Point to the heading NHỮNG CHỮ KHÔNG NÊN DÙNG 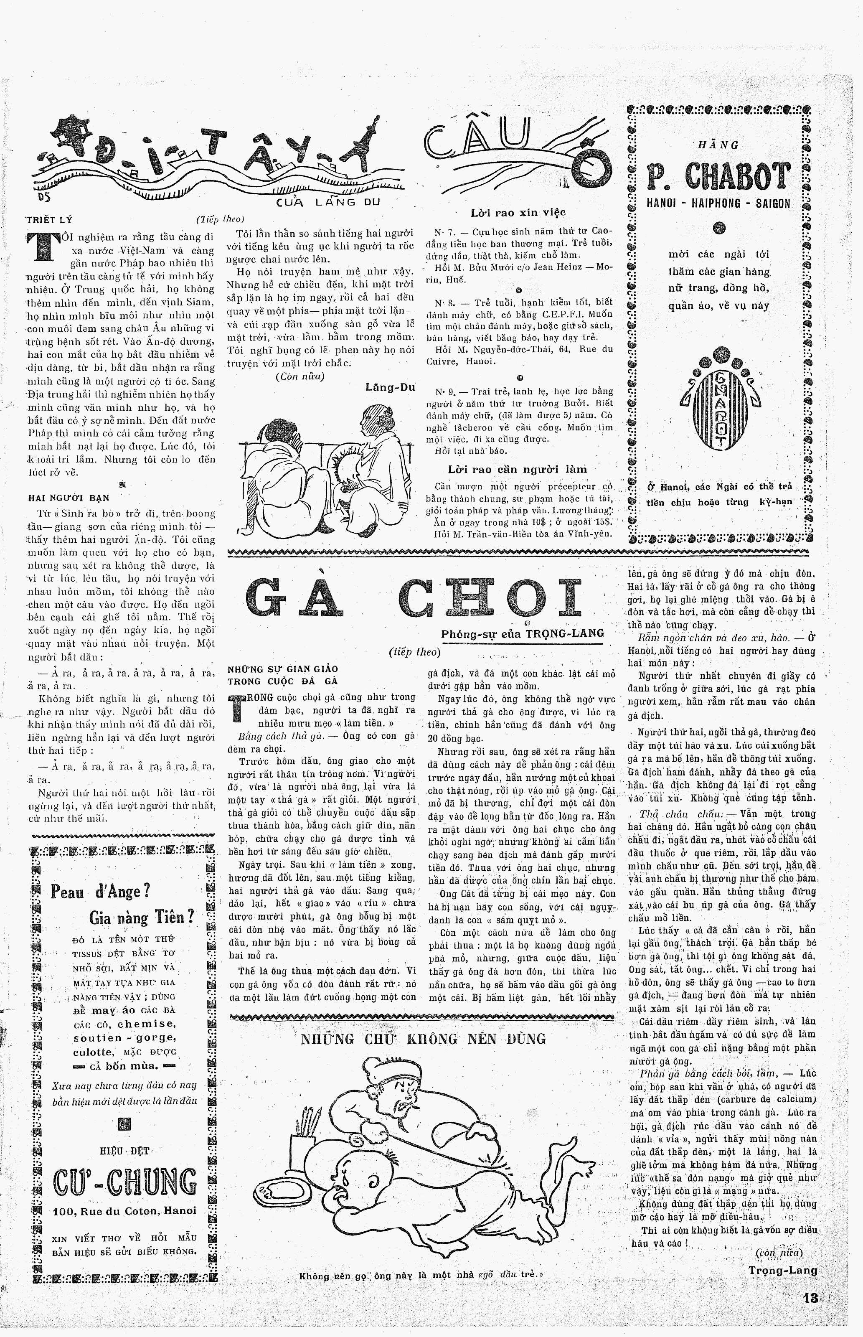tap(423, 1039)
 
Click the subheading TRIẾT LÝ tap(49, 220)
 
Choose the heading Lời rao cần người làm tap(517, 469)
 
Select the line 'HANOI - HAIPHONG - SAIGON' tap(718, 204)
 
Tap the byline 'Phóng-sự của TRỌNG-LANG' tap(522, 634)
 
